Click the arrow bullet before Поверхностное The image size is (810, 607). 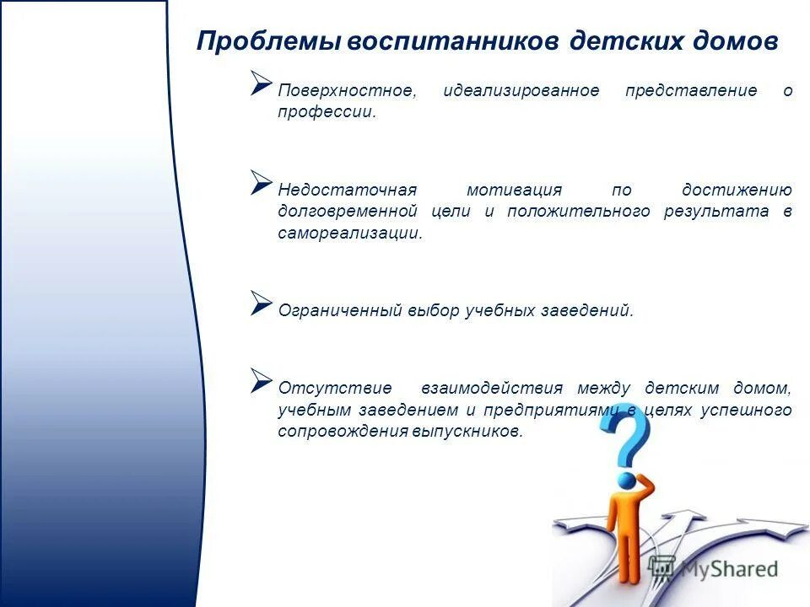pos(261,83)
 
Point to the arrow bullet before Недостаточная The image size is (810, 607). pos(261,181)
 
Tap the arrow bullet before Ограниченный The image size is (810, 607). pos(261,303)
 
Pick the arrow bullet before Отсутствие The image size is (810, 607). pos(261,380)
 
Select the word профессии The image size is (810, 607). pos(327,112)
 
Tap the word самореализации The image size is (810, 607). pos(349,234)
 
